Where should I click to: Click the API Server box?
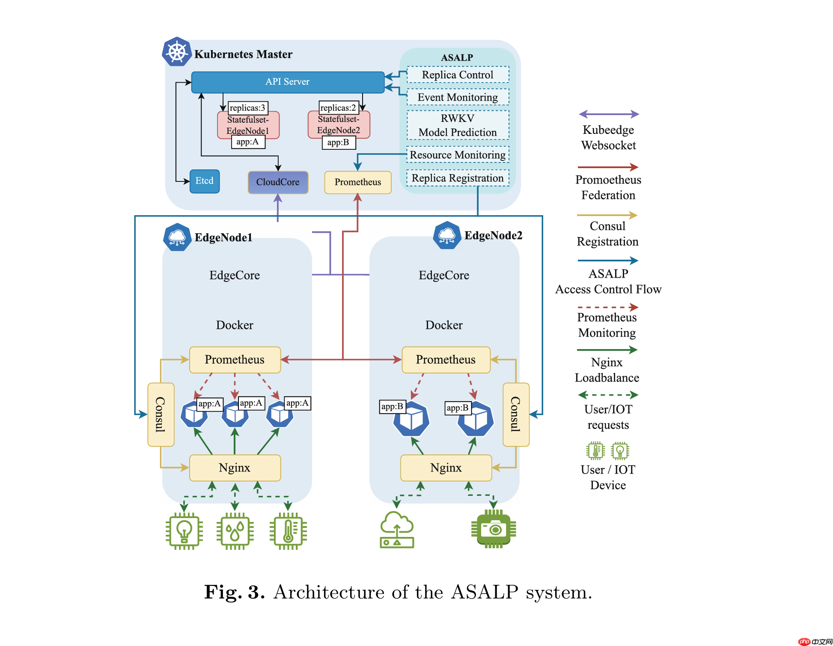(287, 82)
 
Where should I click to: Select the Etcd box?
(205, 181)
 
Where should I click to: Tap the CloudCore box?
(278, 182)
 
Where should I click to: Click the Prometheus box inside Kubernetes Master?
(357, 182)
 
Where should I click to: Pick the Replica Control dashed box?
(458, 75)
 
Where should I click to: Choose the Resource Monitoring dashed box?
(458, 155)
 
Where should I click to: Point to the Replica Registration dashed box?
(458, 178)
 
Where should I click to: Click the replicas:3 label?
(248, 108)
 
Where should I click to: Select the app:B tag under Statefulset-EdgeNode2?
(338, 142)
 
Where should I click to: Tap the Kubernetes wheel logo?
(177, 52)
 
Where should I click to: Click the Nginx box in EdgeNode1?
(235, 468)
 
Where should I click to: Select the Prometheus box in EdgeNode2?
(446, 360)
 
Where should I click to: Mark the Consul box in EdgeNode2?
(516, 414)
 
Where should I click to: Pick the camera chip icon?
(494, 530)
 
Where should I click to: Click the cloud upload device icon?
(397, 530)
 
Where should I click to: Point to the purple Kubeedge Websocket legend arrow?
(608, 114)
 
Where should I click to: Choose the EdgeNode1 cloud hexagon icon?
(177, 237)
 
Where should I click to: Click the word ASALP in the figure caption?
(485, 593)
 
